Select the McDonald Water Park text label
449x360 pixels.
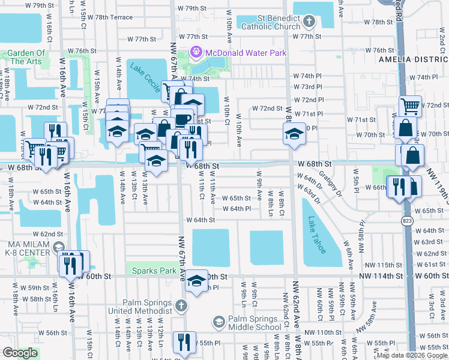tap(246, 53)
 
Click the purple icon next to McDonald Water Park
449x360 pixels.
tap(195, 53)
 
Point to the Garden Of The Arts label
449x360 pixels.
tap(26, 57)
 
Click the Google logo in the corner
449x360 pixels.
tap(20, 353)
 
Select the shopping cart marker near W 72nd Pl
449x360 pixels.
tap(411, 106)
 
